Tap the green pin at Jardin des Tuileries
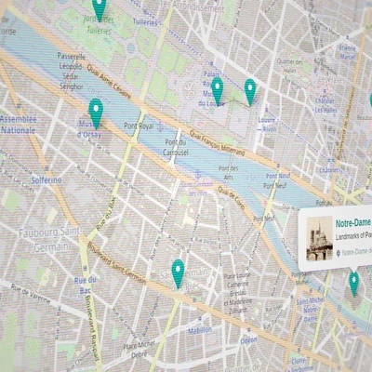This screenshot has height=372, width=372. [99, 8]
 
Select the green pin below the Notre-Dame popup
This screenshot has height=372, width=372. [353, 282]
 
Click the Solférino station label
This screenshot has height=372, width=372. [46, 179]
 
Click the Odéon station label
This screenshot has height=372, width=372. [247, 340]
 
